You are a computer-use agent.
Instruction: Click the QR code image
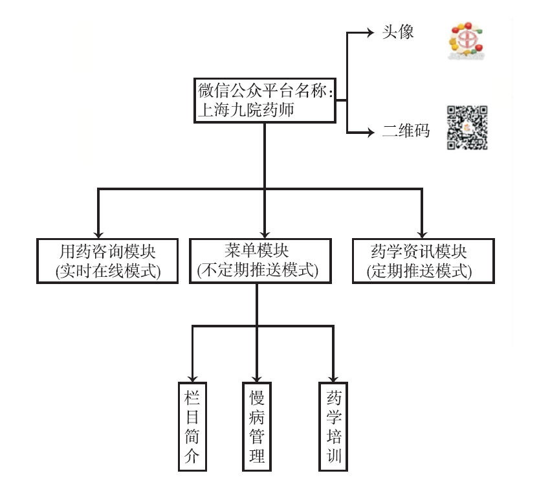[467, 127]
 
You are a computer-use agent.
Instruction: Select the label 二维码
[406, 131]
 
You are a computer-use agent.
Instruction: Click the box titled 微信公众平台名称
[265, 100]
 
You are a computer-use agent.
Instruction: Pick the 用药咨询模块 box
[108, 260]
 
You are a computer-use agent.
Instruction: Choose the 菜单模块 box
[258, 260]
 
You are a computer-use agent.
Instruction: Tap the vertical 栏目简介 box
[192, 426]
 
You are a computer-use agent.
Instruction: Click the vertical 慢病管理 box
[257, 426]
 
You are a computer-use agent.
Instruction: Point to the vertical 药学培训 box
[334, 426]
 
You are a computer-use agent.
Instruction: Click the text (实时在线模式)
[108, 271]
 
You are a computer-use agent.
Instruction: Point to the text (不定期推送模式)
[258, 271]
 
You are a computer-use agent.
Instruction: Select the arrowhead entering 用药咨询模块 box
[99, 233]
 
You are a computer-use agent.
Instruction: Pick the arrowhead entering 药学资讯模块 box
[422, 233]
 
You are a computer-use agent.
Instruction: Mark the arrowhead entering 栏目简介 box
[192, 376]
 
